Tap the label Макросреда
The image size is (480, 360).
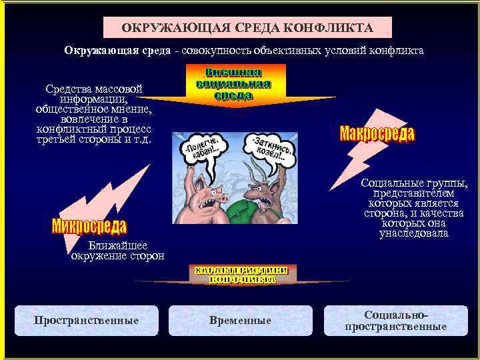pos(377,133)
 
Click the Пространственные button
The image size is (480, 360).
pos(87,321)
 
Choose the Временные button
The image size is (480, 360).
pos(240,321)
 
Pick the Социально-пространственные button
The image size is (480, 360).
pos(395,321)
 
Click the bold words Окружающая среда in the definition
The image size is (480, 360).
pos(117,51)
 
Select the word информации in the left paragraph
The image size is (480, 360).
pos(94,98)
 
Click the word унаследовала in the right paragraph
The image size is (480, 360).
pos(413,233)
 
